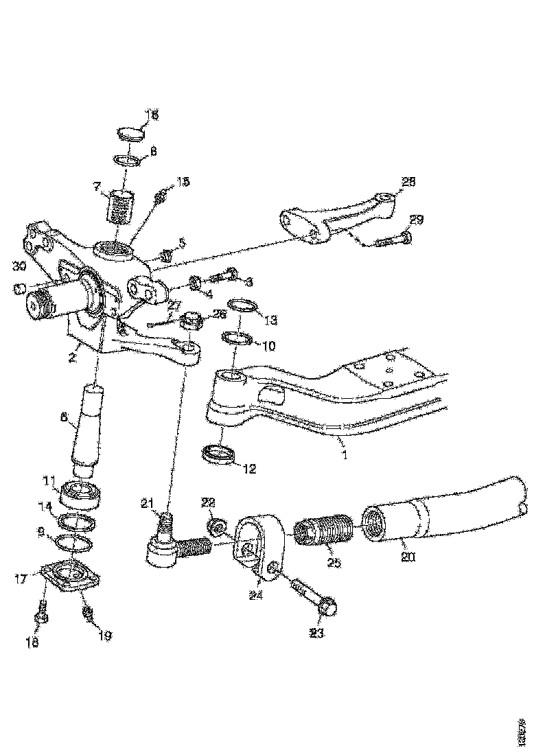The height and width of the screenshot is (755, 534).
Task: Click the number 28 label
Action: click(408, 183)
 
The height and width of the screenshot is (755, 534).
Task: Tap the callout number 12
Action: click(248, 469)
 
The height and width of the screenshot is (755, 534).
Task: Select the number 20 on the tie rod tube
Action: click(408, 558)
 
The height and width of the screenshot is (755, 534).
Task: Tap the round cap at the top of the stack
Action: click(128, 132)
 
